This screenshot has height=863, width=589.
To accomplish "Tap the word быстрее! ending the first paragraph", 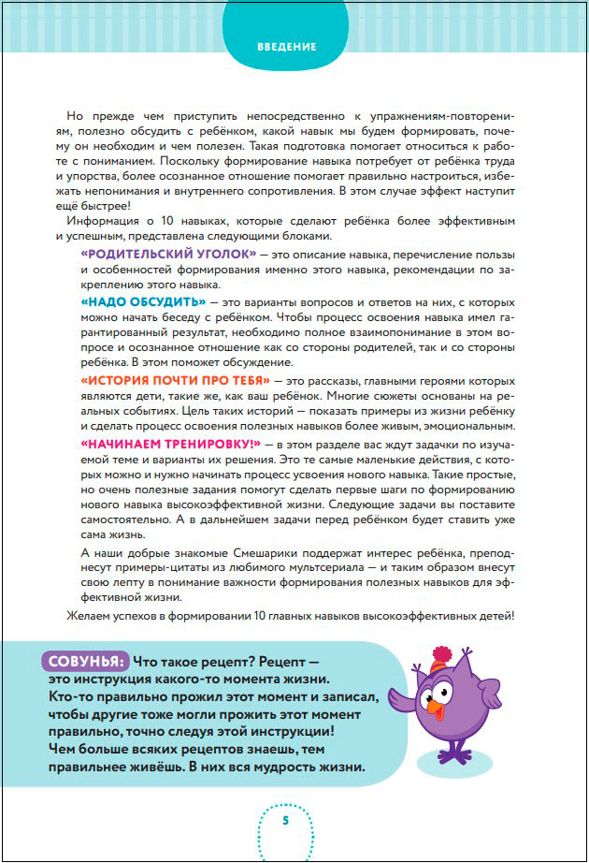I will pos(104,205).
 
